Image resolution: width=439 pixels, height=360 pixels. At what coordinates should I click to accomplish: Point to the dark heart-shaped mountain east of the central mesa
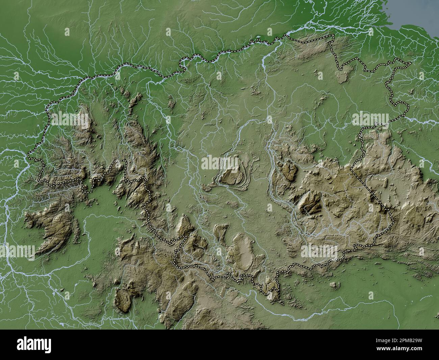pyautogui.click(x=288, y=171)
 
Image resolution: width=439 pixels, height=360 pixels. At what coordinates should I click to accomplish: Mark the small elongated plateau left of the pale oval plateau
pyautogui.click(x=219, y=233)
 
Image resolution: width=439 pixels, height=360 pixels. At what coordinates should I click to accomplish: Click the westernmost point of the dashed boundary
pyautogui.click(x=28, y=154)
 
